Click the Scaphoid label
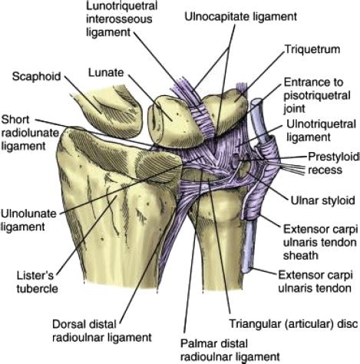pyautogui.click(x=35, y=76)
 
